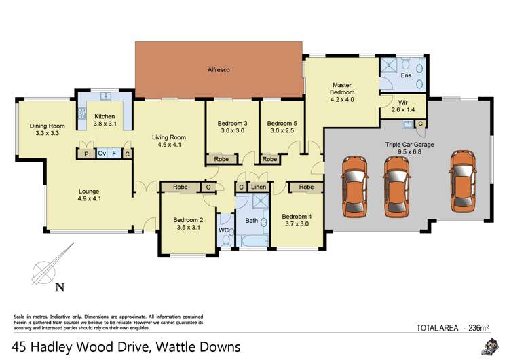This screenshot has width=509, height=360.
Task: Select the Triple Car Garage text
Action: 410,145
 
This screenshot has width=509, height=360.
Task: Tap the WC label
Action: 224,230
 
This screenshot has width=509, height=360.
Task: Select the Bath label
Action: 251,220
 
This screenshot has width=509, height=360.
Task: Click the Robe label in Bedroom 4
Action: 307,187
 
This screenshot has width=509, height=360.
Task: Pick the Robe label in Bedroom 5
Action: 269,160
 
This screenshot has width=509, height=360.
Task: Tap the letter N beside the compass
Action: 60,287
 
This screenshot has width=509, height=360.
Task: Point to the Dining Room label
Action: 47,129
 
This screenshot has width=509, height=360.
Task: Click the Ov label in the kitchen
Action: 101,154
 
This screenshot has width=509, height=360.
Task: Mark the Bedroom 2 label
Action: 188,223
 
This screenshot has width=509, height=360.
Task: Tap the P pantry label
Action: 86,154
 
